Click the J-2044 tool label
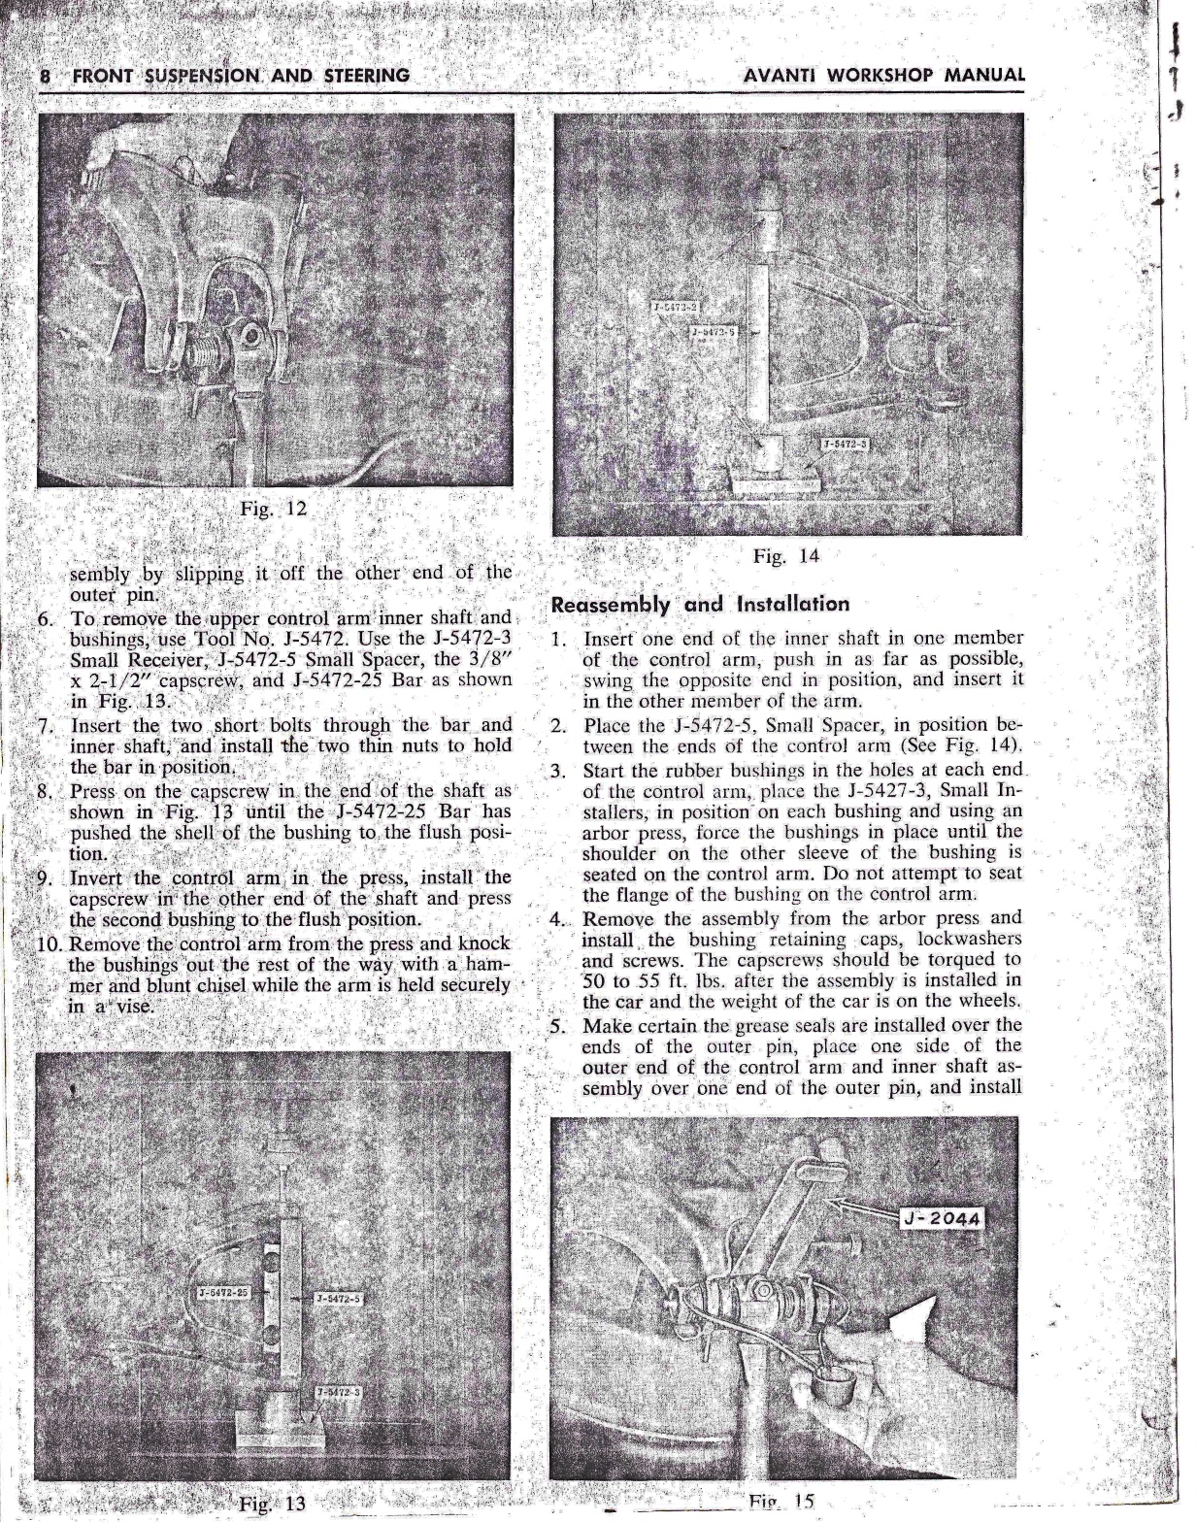[x=943, y=1218]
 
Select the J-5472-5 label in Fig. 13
[x=338, y=1298]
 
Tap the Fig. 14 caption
[x=785, y=556]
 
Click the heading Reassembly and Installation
[x=700, y=604]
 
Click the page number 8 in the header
[x=46, y=76]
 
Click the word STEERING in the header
[x=360, y=76]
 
